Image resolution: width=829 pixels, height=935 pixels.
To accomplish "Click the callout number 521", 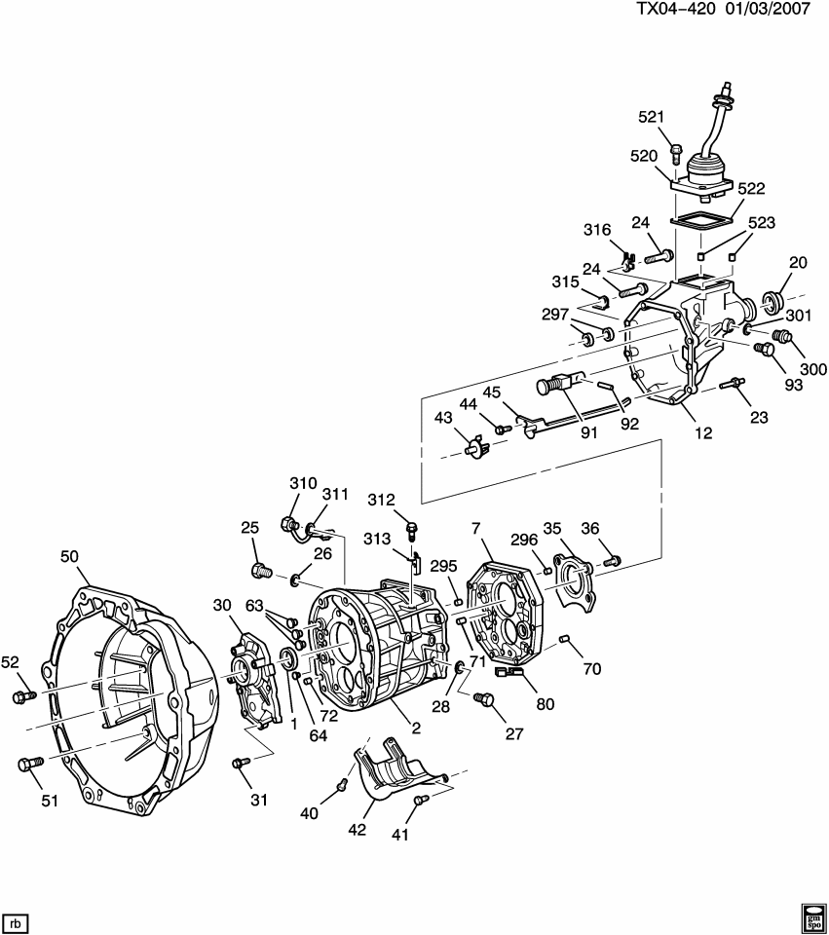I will click(x=651, y=117).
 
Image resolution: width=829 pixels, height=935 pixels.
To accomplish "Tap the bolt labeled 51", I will click(x=28, y=765).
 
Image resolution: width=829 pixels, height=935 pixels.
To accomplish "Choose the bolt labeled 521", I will click(x=676, y=153).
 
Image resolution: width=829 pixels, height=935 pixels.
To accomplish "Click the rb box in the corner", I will click(x=15, y=920).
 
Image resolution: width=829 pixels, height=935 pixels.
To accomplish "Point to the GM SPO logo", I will click(x=812, y=916).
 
